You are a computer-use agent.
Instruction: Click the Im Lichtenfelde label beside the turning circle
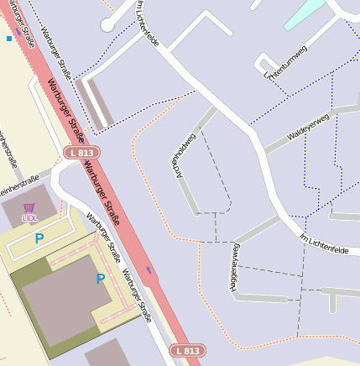[x=148, y=24]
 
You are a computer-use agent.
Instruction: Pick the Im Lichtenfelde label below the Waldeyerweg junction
[x=323, y=243]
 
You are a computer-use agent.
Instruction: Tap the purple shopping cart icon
[x=29, y=207]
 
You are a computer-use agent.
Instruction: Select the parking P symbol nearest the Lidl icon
[x=39, y=238]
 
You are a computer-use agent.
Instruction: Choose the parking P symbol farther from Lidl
[x=101, y=279]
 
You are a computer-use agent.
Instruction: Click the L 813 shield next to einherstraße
[x=81, y=153]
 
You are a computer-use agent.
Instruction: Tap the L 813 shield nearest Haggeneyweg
[x=186, y=350]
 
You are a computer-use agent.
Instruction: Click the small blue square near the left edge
[x=9, y=39]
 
